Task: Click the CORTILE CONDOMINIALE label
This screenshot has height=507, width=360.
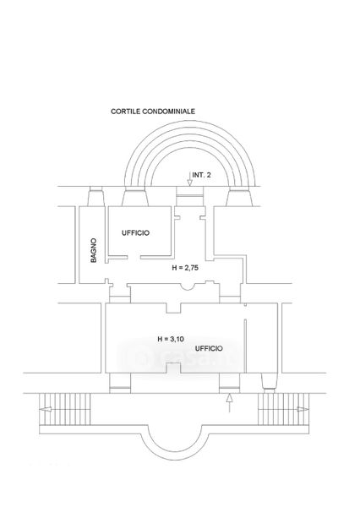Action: tap(153, 112)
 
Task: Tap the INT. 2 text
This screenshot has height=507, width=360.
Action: tap(201, 175)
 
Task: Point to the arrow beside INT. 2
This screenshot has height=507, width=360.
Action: tap(189, 179)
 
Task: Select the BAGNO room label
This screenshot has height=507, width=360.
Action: tap(94, 250)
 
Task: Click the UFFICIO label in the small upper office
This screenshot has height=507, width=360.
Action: tap(135, 233)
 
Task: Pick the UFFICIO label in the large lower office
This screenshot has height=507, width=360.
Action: tap(209, 348)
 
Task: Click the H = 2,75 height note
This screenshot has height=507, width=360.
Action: tap(185, 268)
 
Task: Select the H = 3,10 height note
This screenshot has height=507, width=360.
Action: tap(171, 339)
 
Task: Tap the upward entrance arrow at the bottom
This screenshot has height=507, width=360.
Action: tap(229, 403)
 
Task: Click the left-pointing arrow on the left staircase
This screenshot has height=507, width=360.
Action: tap(46, 409)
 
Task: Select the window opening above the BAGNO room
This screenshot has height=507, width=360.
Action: tap(96, 196)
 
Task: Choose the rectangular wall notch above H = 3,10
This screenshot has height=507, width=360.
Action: tap(173, 308)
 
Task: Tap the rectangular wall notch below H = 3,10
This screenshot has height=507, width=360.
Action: tap(173, 368)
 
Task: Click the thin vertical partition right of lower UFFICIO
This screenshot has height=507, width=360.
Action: tap(245, 346)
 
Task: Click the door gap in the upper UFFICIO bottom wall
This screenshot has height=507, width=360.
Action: tap(134, 258)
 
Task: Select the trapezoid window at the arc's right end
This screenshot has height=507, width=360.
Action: tap(239, 198)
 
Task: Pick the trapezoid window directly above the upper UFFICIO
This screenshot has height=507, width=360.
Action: tap(135, 198)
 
